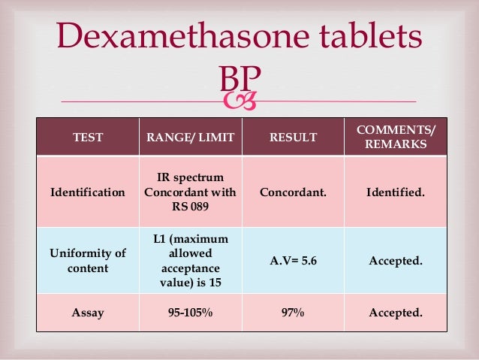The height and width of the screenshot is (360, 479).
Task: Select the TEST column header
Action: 88,137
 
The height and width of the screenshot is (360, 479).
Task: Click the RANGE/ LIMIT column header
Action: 190,137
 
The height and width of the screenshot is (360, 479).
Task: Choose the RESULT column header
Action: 293,137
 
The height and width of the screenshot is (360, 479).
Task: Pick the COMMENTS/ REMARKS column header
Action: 395,137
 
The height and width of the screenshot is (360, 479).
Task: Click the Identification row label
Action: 88,192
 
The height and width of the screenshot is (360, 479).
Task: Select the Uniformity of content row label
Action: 88,261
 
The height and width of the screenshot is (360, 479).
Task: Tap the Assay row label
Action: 88,312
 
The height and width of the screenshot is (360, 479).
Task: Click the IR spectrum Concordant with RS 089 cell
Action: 190,192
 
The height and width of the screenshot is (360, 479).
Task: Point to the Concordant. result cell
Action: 293,192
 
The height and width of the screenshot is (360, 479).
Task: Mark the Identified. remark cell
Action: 395,192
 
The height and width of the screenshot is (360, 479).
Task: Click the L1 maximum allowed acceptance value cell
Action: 190,261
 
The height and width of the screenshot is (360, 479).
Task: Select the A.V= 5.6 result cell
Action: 293,261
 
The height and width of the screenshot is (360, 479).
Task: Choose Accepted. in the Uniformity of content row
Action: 395,261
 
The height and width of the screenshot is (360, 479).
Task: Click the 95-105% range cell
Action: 190,312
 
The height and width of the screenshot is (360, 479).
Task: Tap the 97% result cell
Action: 293,312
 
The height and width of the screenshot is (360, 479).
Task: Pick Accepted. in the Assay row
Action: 395,312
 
